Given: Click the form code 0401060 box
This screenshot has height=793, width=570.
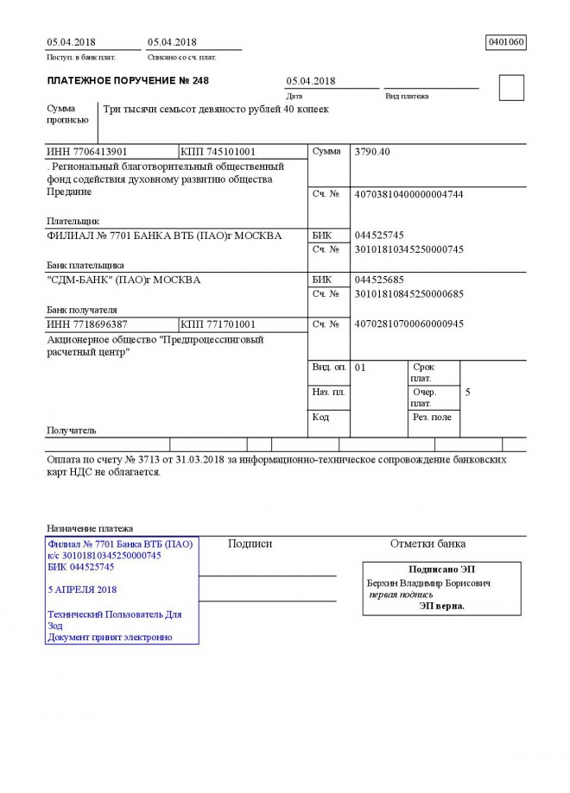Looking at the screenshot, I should click(506, 41).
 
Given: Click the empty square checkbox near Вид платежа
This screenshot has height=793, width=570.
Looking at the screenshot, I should click(511, 88).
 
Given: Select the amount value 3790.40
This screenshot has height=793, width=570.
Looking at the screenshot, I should click(372, 152).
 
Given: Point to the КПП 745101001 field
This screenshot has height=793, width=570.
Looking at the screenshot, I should click(218, 152).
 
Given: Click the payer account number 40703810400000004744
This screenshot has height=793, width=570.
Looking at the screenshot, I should click(409, 194).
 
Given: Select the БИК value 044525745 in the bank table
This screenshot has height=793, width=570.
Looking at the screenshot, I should click(379, 235).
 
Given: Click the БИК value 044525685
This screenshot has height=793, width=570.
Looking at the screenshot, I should click(379, 280).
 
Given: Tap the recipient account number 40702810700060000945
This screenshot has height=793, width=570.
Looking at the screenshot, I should click(409, 324).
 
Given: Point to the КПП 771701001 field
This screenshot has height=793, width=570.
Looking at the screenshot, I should click(218, 324).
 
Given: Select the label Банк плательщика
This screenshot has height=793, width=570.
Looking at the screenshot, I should click(85, 265).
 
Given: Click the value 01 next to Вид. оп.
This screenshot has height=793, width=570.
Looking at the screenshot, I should click(361, 368).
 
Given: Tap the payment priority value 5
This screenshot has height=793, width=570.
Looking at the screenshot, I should click(467, 393).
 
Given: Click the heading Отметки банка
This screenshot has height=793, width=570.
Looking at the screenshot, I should click(427, 544).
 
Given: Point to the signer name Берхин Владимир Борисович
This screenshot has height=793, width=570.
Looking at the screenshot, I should click(429, 583).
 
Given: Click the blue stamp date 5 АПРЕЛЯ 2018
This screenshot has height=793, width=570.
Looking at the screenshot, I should click(84, 589).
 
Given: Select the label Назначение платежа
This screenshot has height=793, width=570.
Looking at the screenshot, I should click(89, 528).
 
